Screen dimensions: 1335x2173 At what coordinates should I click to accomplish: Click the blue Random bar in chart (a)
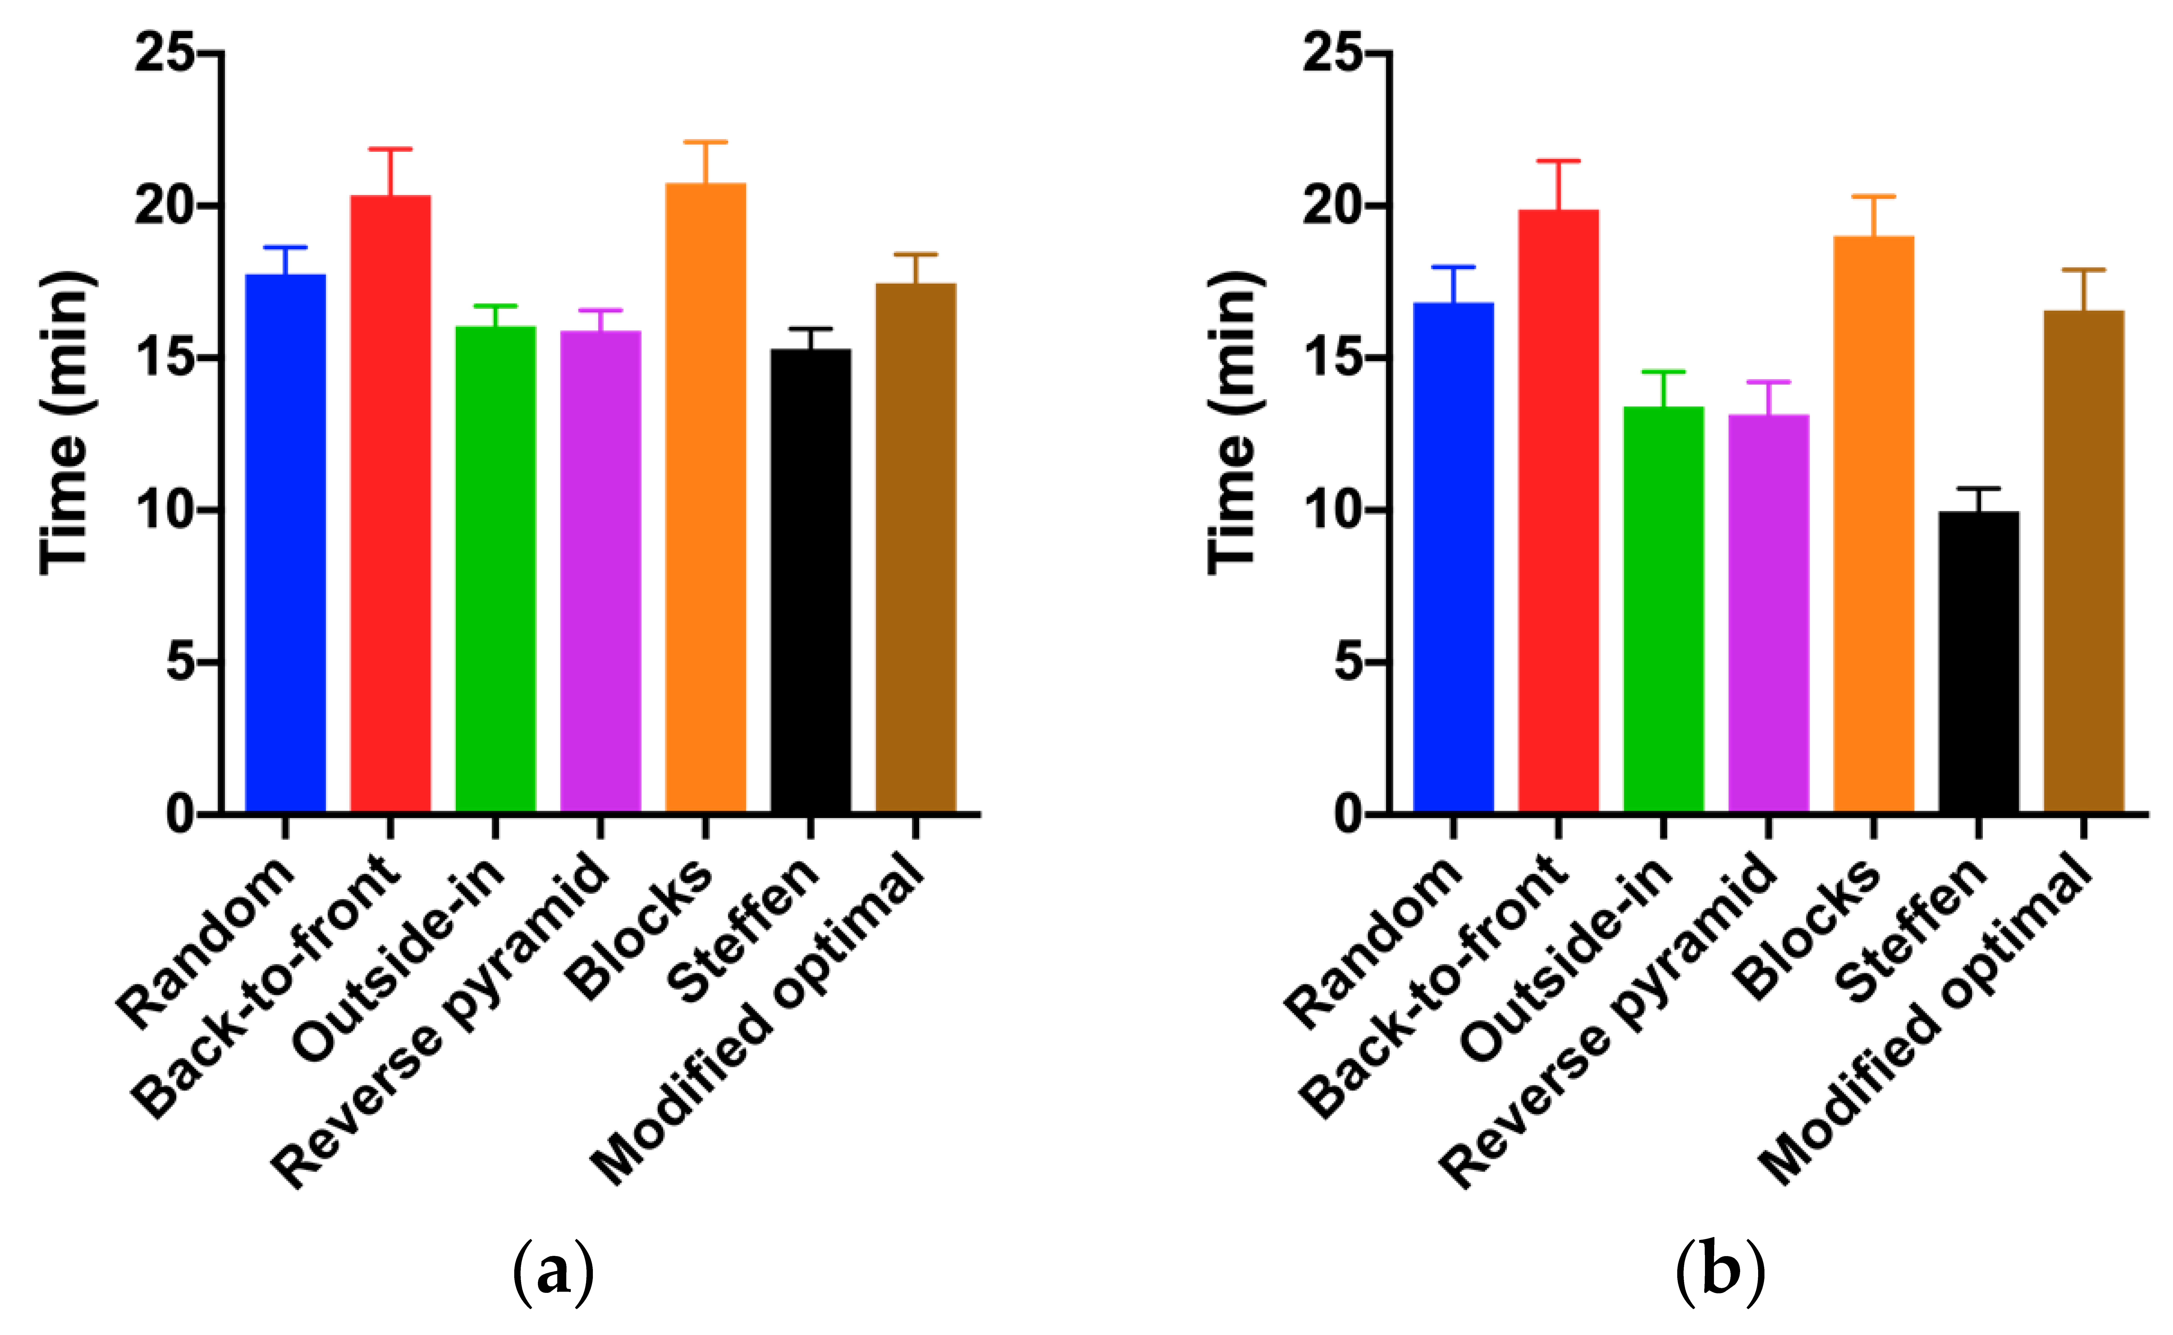pyautogui.click(x=285, y=543)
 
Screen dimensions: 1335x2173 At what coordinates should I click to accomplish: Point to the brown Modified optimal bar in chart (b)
pyautogui.click(x=2084, y=561)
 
